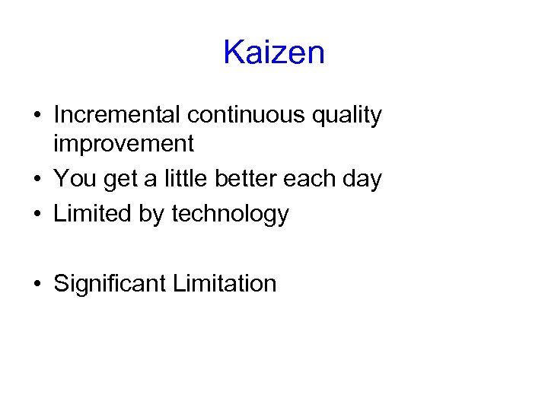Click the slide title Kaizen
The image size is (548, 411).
tap(274, 53)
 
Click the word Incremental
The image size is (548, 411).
tap(117, 115)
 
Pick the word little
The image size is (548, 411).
tap(185, 179)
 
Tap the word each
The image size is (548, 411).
tap(314, 179)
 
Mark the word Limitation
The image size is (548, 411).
tap(225, 284)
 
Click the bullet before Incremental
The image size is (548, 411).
tap(37, 116)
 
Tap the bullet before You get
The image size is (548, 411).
tap(37, 180)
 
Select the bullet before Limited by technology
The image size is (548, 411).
tap(37, 215)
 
